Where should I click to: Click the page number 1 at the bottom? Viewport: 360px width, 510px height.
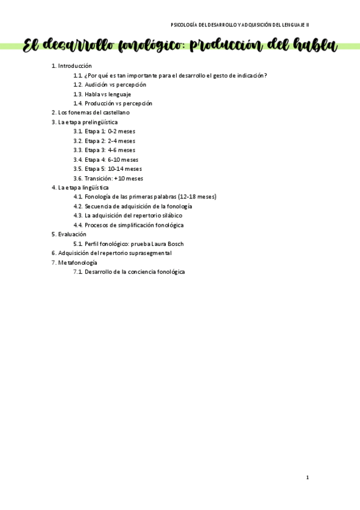pyautogui.click(x=307, y=478)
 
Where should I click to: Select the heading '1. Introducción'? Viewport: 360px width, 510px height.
pyautogui.click(x=72, y=66)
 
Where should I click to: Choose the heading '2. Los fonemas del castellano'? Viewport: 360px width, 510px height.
pyautogui.click(x=91, y=112)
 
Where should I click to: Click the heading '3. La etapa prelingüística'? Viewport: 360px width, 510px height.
pyautogui.click(x=85, y=122)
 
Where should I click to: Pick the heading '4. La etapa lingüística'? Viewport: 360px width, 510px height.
pyautogui.click(x=81, y=188)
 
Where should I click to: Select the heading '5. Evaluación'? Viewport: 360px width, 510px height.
pyautogui.click(x=69, y=234)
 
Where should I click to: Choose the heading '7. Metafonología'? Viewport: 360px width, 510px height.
pyautogui.click(x=75, y=263)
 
